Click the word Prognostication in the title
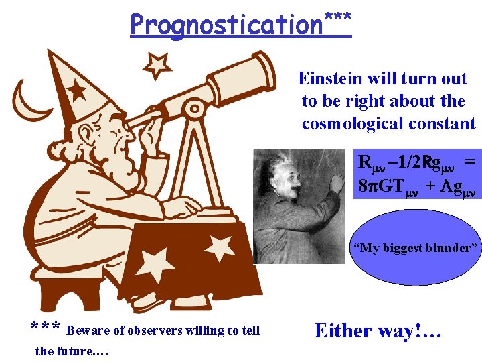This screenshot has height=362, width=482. [x=226, y=25]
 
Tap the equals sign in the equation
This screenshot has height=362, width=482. [x=469, y=162]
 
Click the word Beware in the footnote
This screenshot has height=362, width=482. [x=84, y=330]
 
